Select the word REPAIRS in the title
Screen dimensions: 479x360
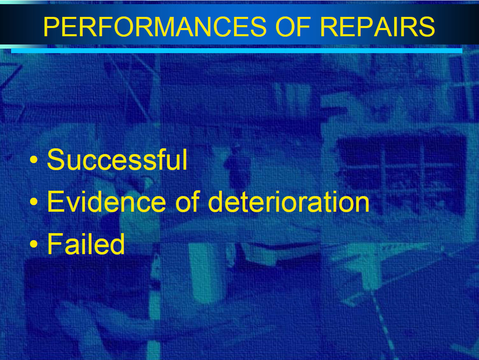pyautogui.click(x=377, y=27)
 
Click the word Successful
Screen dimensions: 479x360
pyautogui.click(x=117, y=159)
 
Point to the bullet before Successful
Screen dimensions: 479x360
pyautogui.click(x=34, y=159)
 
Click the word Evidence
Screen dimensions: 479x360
pyautogui.click(x=106, y=201)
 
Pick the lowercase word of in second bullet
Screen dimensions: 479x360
pyautogui.click(x=187, y=201)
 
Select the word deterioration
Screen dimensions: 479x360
pyautogui.click(x=289, y=201)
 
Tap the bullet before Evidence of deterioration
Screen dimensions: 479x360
pyautogui.click(x=34, y=202)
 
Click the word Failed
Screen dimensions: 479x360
pyautogui.click(x=86, y=243)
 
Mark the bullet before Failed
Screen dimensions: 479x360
pyautogui.click(x=34, y=244)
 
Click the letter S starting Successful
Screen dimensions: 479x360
pyautogui.click(x=56, y=159)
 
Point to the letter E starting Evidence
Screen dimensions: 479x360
pyautogui.click(x=55, y=201)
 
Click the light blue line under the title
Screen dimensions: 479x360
pyautogui.click(x=237, y=51)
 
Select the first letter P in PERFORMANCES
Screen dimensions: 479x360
pyautogui.click(x=52, y=27)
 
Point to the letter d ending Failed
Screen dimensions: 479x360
pyautogui.click(x=117, y=243)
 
